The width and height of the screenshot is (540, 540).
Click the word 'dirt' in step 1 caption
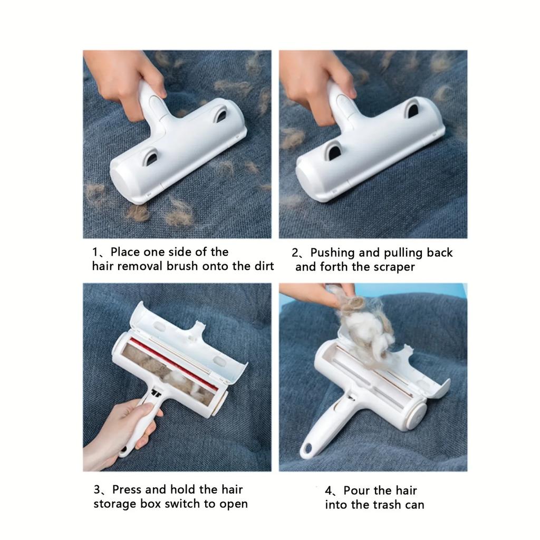tap(263, 266)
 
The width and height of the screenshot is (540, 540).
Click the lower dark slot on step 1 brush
tap(151, 156)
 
